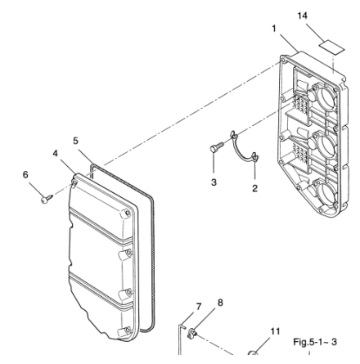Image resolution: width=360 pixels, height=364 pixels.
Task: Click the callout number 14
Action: click(x=302, y=16)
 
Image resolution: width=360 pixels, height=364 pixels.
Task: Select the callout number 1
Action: click(x=274, y=29)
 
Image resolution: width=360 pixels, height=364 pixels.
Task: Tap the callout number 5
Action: click(x=75, y=141)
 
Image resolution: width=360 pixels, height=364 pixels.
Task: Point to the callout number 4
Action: click(x=56, y=153)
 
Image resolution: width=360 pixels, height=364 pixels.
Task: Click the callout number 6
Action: click(x=25, y=174)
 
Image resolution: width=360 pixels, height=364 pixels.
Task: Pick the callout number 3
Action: click(x=214, y=182)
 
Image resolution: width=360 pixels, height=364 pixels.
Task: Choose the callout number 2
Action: click(x=254, y=188)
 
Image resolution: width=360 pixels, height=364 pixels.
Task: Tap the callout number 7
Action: click(x=199, y=307)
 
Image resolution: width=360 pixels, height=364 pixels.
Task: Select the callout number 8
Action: click(x=220, y=303)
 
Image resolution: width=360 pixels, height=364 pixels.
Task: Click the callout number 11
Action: click(x=275, y=331)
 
